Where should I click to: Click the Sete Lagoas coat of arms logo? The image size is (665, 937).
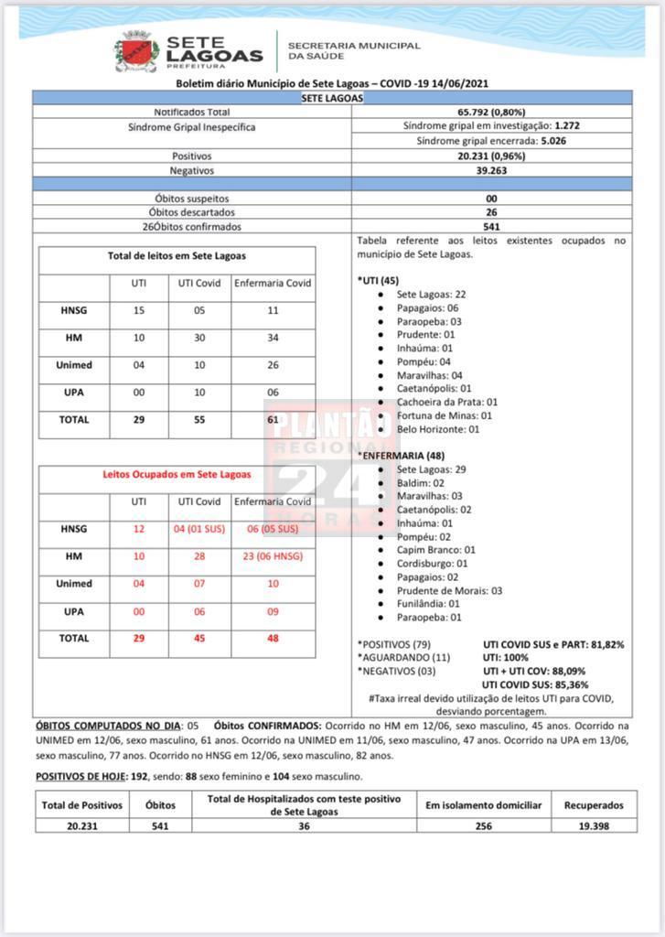136,50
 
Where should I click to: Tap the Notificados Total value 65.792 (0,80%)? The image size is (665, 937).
491,112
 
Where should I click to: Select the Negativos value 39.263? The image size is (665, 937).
491,170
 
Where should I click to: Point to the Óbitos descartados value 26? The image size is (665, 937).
491,211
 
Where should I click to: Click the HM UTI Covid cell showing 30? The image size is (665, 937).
197,338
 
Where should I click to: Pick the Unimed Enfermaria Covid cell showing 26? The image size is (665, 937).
273,365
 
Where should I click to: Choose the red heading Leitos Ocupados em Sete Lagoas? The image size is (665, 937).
177,475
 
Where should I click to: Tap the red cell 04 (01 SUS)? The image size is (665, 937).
197,529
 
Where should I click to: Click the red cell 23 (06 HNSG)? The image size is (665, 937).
273,556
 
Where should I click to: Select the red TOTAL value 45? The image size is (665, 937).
197,639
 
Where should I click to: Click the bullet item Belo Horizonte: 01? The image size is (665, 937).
437,429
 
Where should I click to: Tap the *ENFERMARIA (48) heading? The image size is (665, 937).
401,455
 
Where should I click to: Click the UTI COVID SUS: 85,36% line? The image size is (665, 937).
534,684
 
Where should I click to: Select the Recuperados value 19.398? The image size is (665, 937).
594,825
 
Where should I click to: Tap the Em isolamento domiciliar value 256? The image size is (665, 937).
483,825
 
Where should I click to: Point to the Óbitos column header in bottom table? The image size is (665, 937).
160,805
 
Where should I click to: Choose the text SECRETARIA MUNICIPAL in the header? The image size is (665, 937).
354,45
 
